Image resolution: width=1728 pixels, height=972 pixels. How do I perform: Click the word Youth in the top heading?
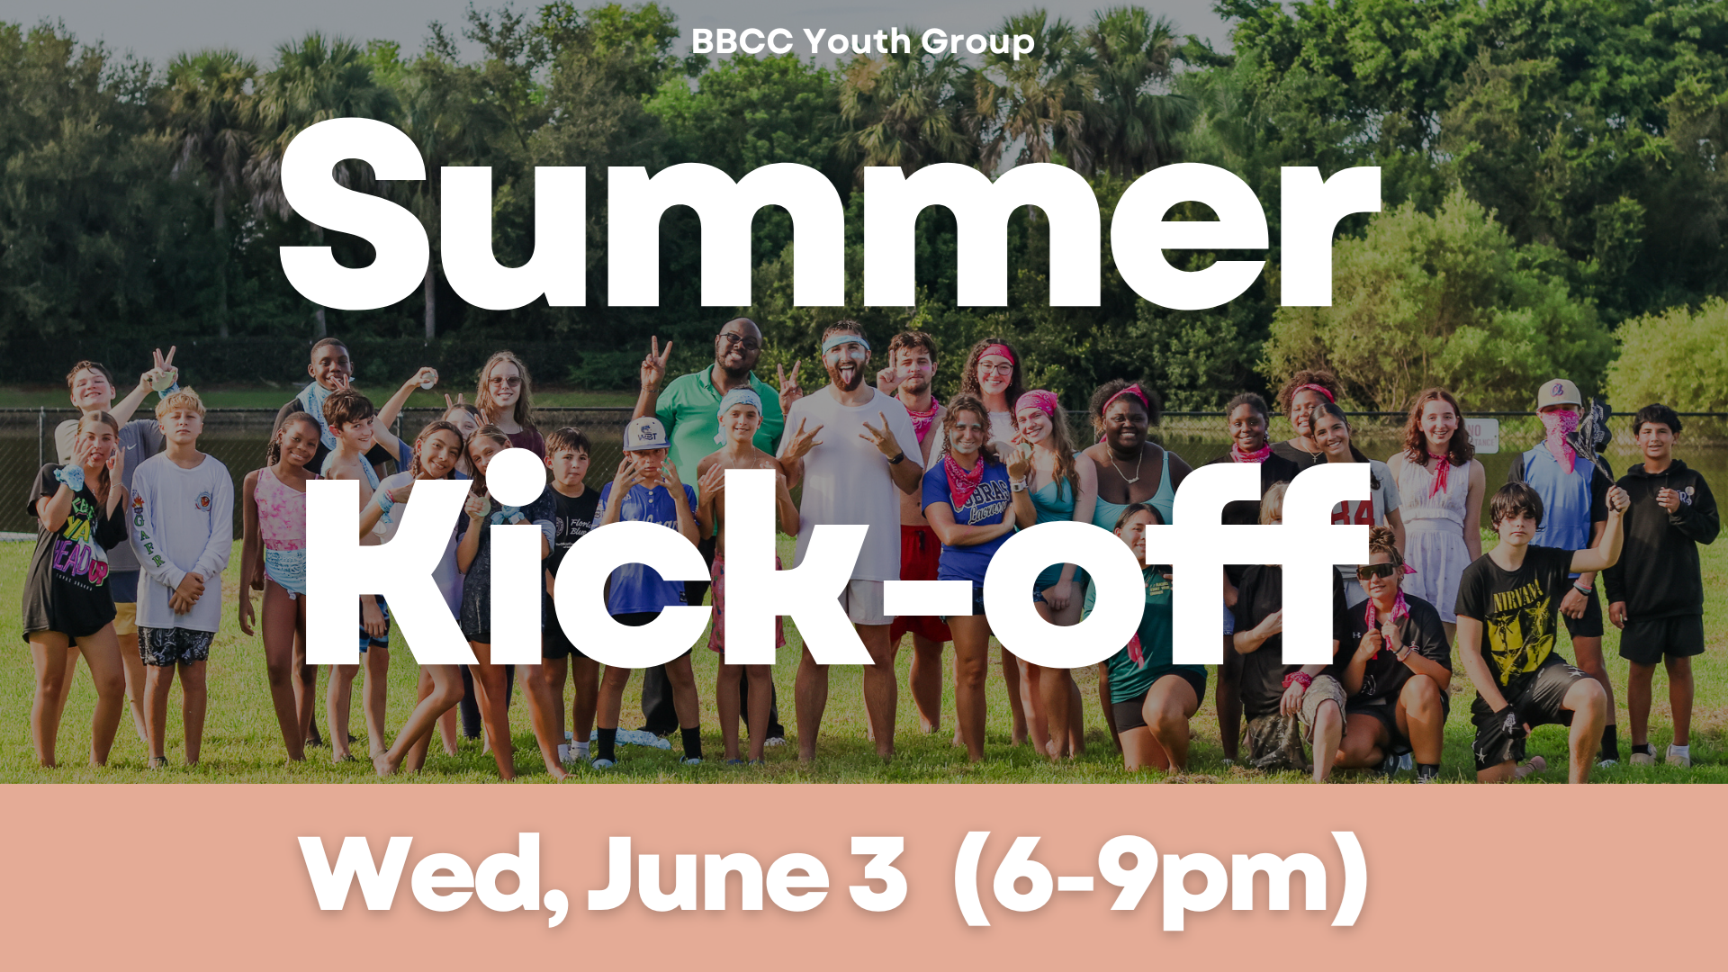click(856, 41)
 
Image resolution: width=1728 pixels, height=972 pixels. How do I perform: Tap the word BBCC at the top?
click(742, 41)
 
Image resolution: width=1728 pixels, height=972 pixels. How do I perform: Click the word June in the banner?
click(707, 875)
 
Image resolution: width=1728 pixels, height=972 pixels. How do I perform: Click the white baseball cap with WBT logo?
click(645, 434)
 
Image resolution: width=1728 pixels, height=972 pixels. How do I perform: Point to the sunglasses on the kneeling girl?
click(1377, 571)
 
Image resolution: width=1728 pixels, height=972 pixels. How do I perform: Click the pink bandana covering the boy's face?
click(1561, 432)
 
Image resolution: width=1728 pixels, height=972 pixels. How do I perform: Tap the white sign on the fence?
click(1481, 434)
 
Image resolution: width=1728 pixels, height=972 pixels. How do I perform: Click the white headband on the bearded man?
click(845, 344)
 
